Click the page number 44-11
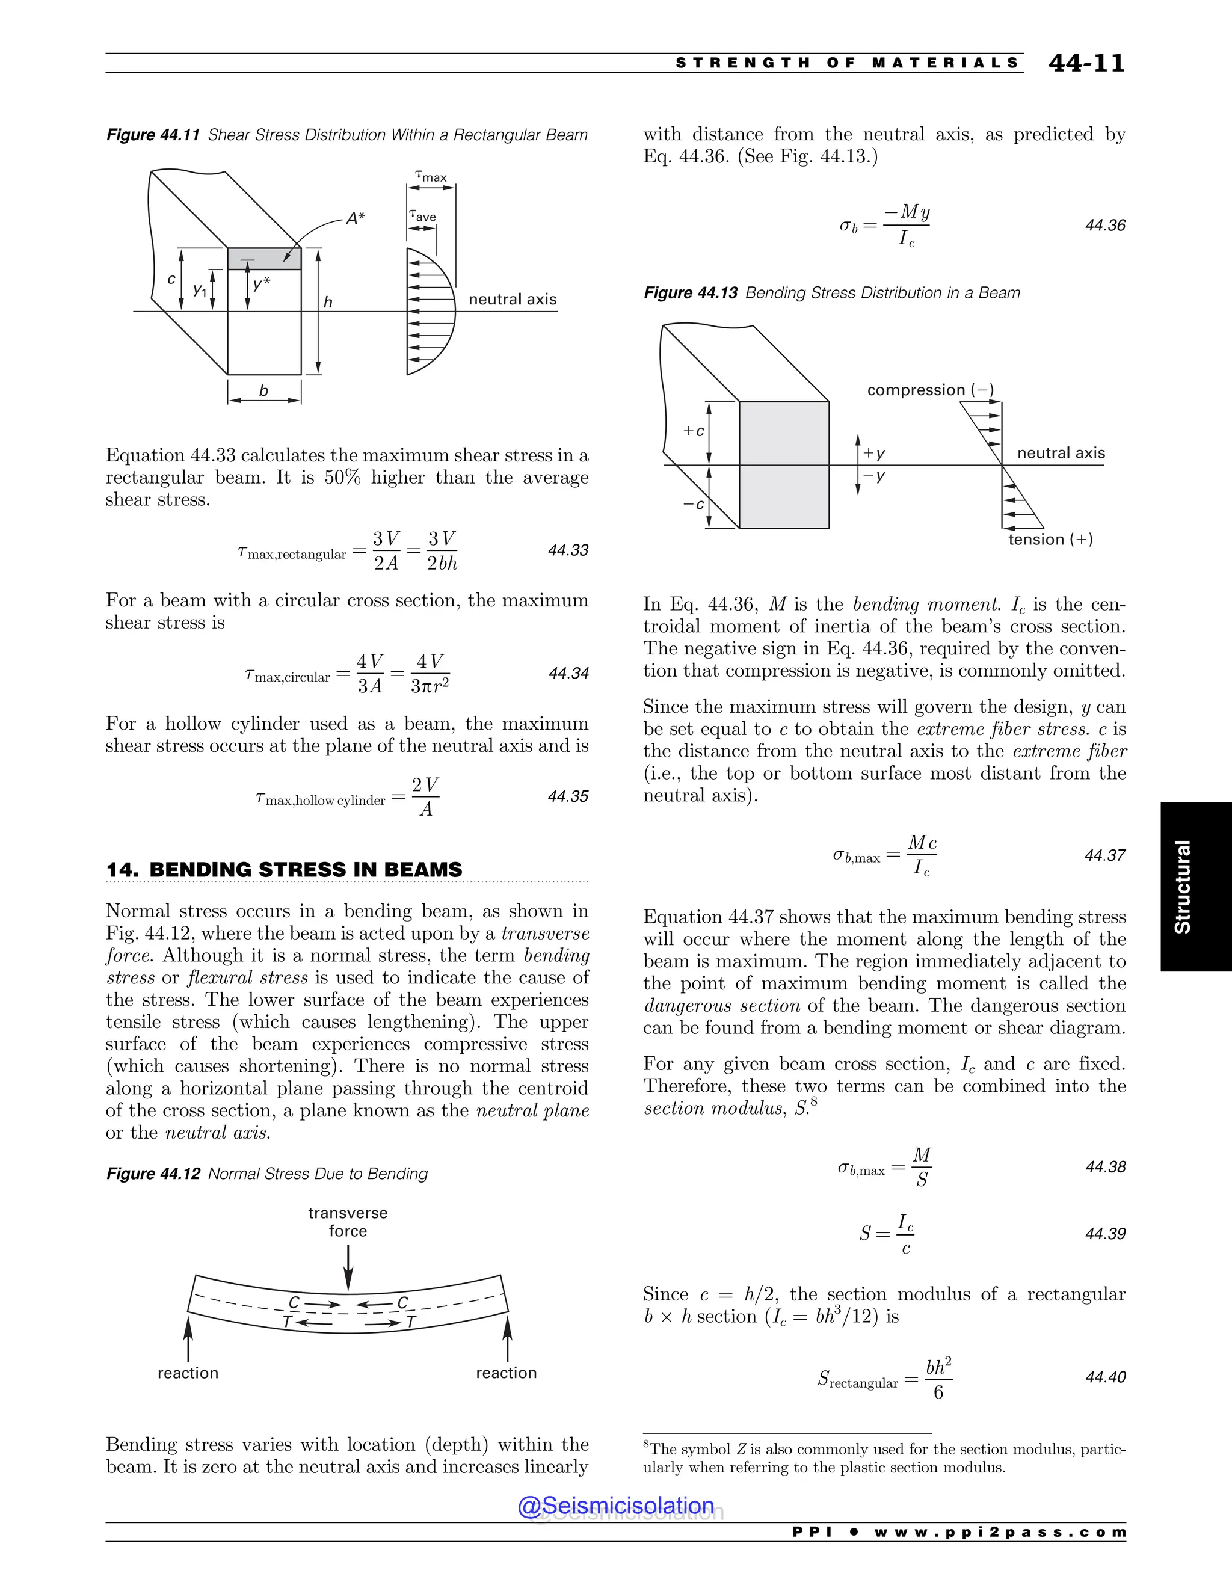pyautogui.click(x=1086, y=64)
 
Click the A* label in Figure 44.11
pyautogui.click(x=356, y=218)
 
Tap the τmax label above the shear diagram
pyautogui.click(x=431, y=177)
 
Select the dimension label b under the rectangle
pyautogui.click(x=263, y=391)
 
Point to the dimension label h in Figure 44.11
pyautogui.click(x=328, y=301)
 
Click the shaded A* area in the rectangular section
pyautogui.click(x=264, y=259)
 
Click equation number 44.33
pyautogui.click(x=568, y=550)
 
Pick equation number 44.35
pyautogui.click(x=568, y=796)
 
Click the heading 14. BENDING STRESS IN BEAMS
pyautogui.click(x=284, y=870)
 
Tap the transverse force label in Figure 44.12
pyautogui.click(x=348, y=1222)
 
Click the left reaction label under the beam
pyautogui.click(x=188, y=1373)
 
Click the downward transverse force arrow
pyautogui.click(x=348, y=1267)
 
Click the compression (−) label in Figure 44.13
pyautogui.click(x=930, y=390)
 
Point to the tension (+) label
pyautogui.click(x=1050, y=540)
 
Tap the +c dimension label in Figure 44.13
pyautogui.click(x=694, y=431)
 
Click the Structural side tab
pyautogui.click(x=1182, y=886)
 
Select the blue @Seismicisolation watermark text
pyautogui.click(x=616, y=1506)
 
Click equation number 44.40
pyautogui.click(x=1105, y=1377)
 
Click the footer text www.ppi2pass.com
pyautogui.click(x=1000, y=1533)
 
